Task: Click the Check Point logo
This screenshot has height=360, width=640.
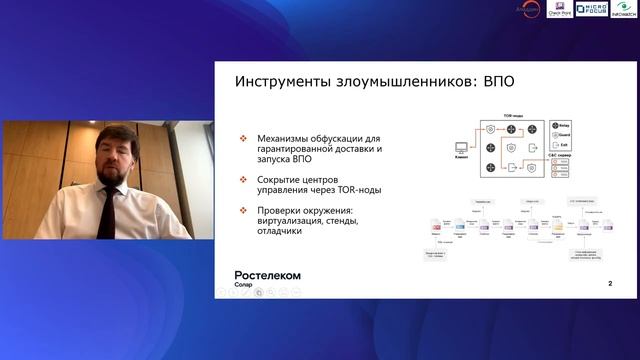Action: pos(559,9)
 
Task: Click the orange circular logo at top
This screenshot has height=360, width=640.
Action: pos(530,9)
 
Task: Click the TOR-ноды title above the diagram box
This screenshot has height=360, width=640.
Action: pos(514,116)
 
